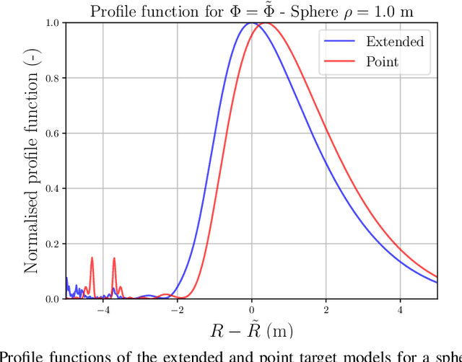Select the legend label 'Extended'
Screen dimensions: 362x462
(x=394, y=41)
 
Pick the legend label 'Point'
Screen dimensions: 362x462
(x=382, y=62)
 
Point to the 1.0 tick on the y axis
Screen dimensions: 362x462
(x=53, y=23)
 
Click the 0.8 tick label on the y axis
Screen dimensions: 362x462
(x=53, y=78)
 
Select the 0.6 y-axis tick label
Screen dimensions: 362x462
(x=53, y=133)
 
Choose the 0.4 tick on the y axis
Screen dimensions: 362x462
(x=53, y=188)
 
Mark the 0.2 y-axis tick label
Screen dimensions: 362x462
(x=53, y=244)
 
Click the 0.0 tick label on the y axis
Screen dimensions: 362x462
(x=53, y=299)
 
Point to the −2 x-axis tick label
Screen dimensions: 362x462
(x=176, y=310)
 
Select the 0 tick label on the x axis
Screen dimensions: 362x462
(x=251, y=310)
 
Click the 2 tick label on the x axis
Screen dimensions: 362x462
(x=326, y=310)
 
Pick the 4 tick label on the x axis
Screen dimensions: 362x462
(x=400, y=310)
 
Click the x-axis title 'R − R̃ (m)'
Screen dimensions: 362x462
(x=250, y=330)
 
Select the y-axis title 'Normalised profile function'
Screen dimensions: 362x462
(x=32, y=161)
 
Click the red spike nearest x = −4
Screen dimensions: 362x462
(x=92, y=257)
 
